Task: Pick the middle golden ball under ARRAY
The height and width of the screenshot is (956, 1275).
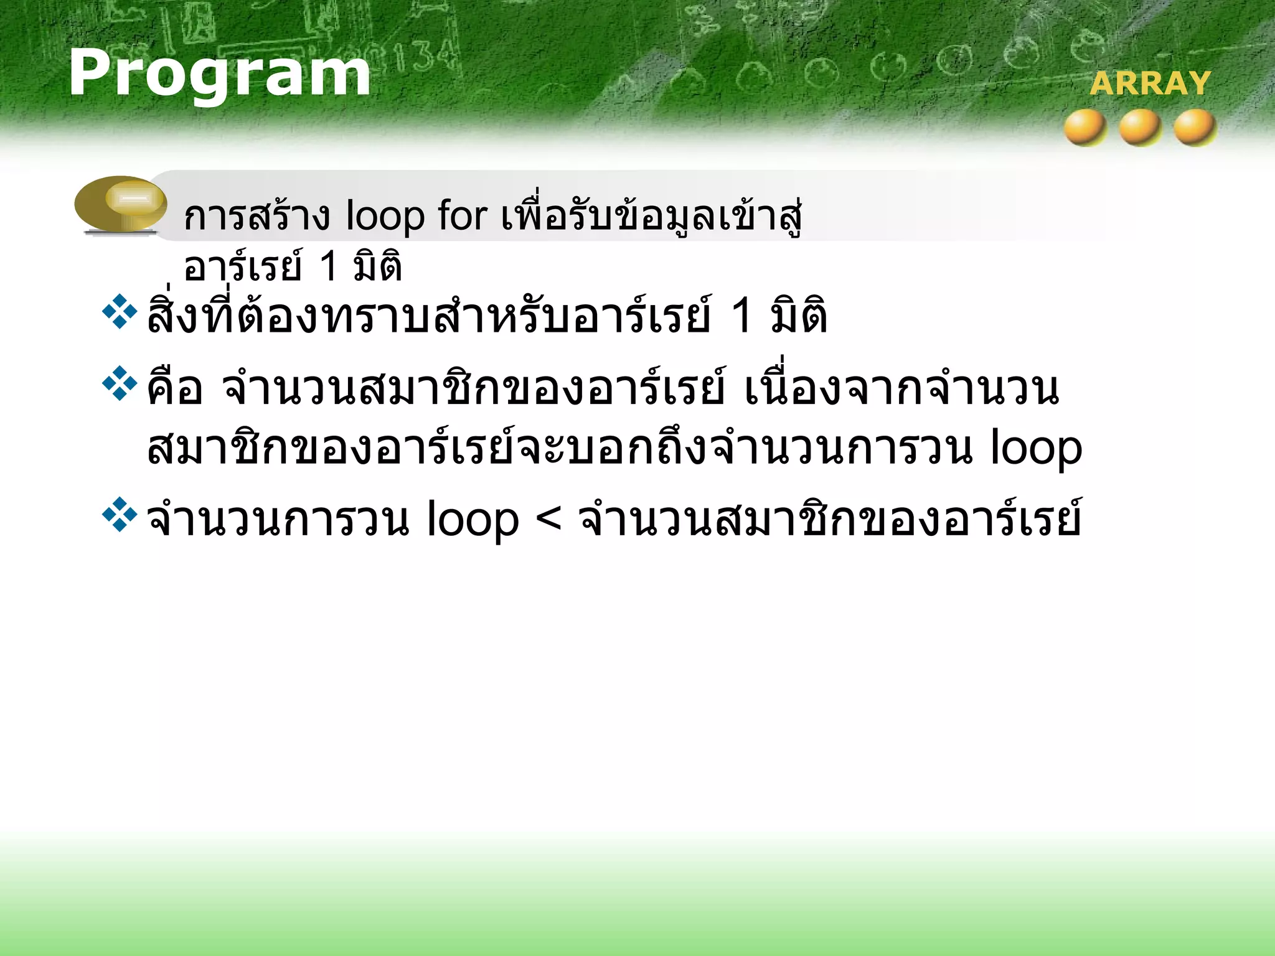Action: (x=1141, y=128)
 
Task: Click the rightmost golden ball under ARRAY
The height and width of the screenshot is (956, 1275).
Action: (x=1195, y=128)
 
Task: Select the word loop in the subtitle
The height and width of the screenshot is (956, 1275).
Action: (x=385, y=217)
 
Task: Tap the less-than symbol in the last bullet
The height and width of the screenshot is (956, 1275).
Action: (x=548, y=518)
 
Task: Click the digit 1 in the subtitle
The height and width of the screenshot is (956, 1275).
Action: (x=328, y=266)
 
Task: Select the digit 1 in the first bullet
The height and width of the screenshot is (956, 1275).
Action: (x=741, y=316)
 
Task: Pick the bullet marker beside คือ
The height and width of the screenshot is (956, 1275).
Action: (x=120, y=384)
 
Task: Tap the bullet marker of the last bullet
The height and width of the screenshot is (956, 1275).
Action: (x=120, y=515)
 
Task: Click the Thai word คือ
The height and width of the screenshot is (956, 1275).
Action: (x=175, y=387)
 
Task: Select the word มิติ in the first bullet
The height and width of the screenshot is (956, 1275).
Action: (x=799, y=316)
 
